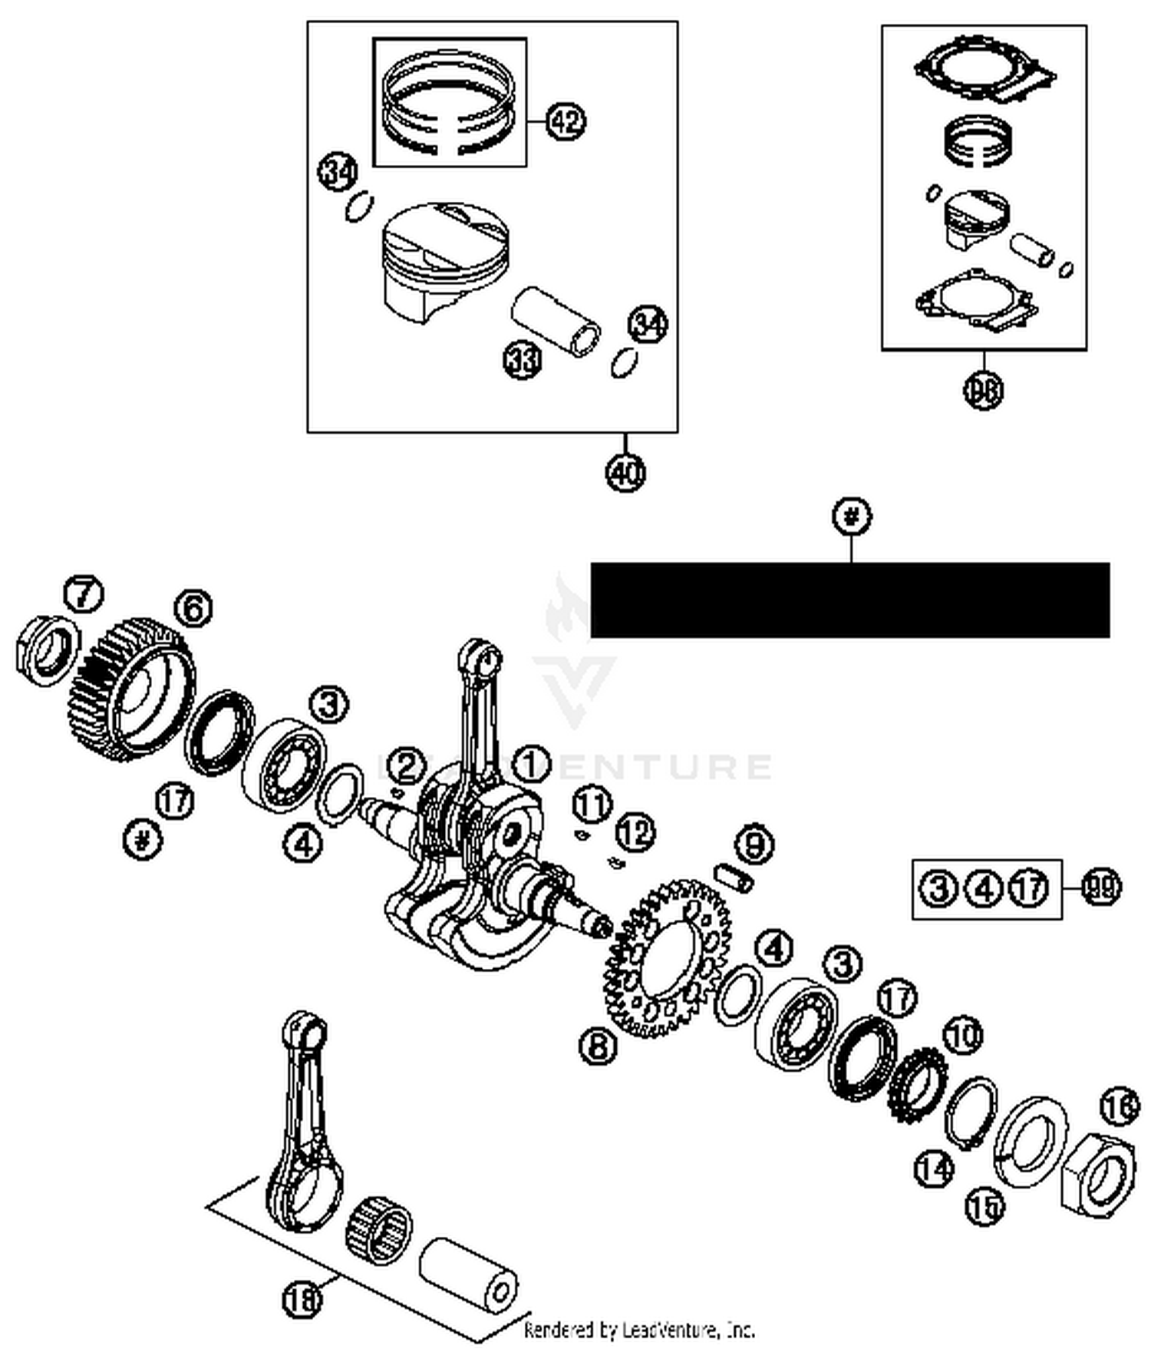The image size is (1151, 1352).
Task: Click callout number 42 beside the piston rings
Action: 566,121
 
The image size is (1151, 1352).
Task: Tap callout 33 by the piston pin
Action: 523,359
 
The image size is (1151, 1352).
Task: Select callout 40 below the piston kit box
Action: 625,472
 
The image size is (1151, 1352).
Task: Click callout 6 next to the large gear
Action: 193,609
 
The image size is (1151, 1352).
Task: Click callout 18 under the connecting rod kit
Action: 302,1299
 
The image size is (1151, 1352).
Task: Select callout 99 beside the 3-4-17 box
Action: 1101,888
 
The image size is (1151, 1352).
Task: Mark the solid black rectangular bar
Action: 849,600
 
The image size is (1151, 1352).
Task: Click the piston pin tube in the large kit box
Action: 556,320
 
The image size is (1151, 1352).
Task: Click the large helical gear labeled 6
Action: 127,687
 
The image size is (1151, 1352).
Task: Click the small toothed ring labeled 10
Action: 919,1085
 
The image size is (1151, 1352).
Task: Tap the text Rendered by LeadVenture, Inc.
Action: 638,1330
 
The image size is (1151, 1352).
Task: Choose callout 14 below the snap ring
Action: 934,1169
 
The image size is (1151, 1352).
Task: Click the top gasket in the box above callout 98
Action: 985,72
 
